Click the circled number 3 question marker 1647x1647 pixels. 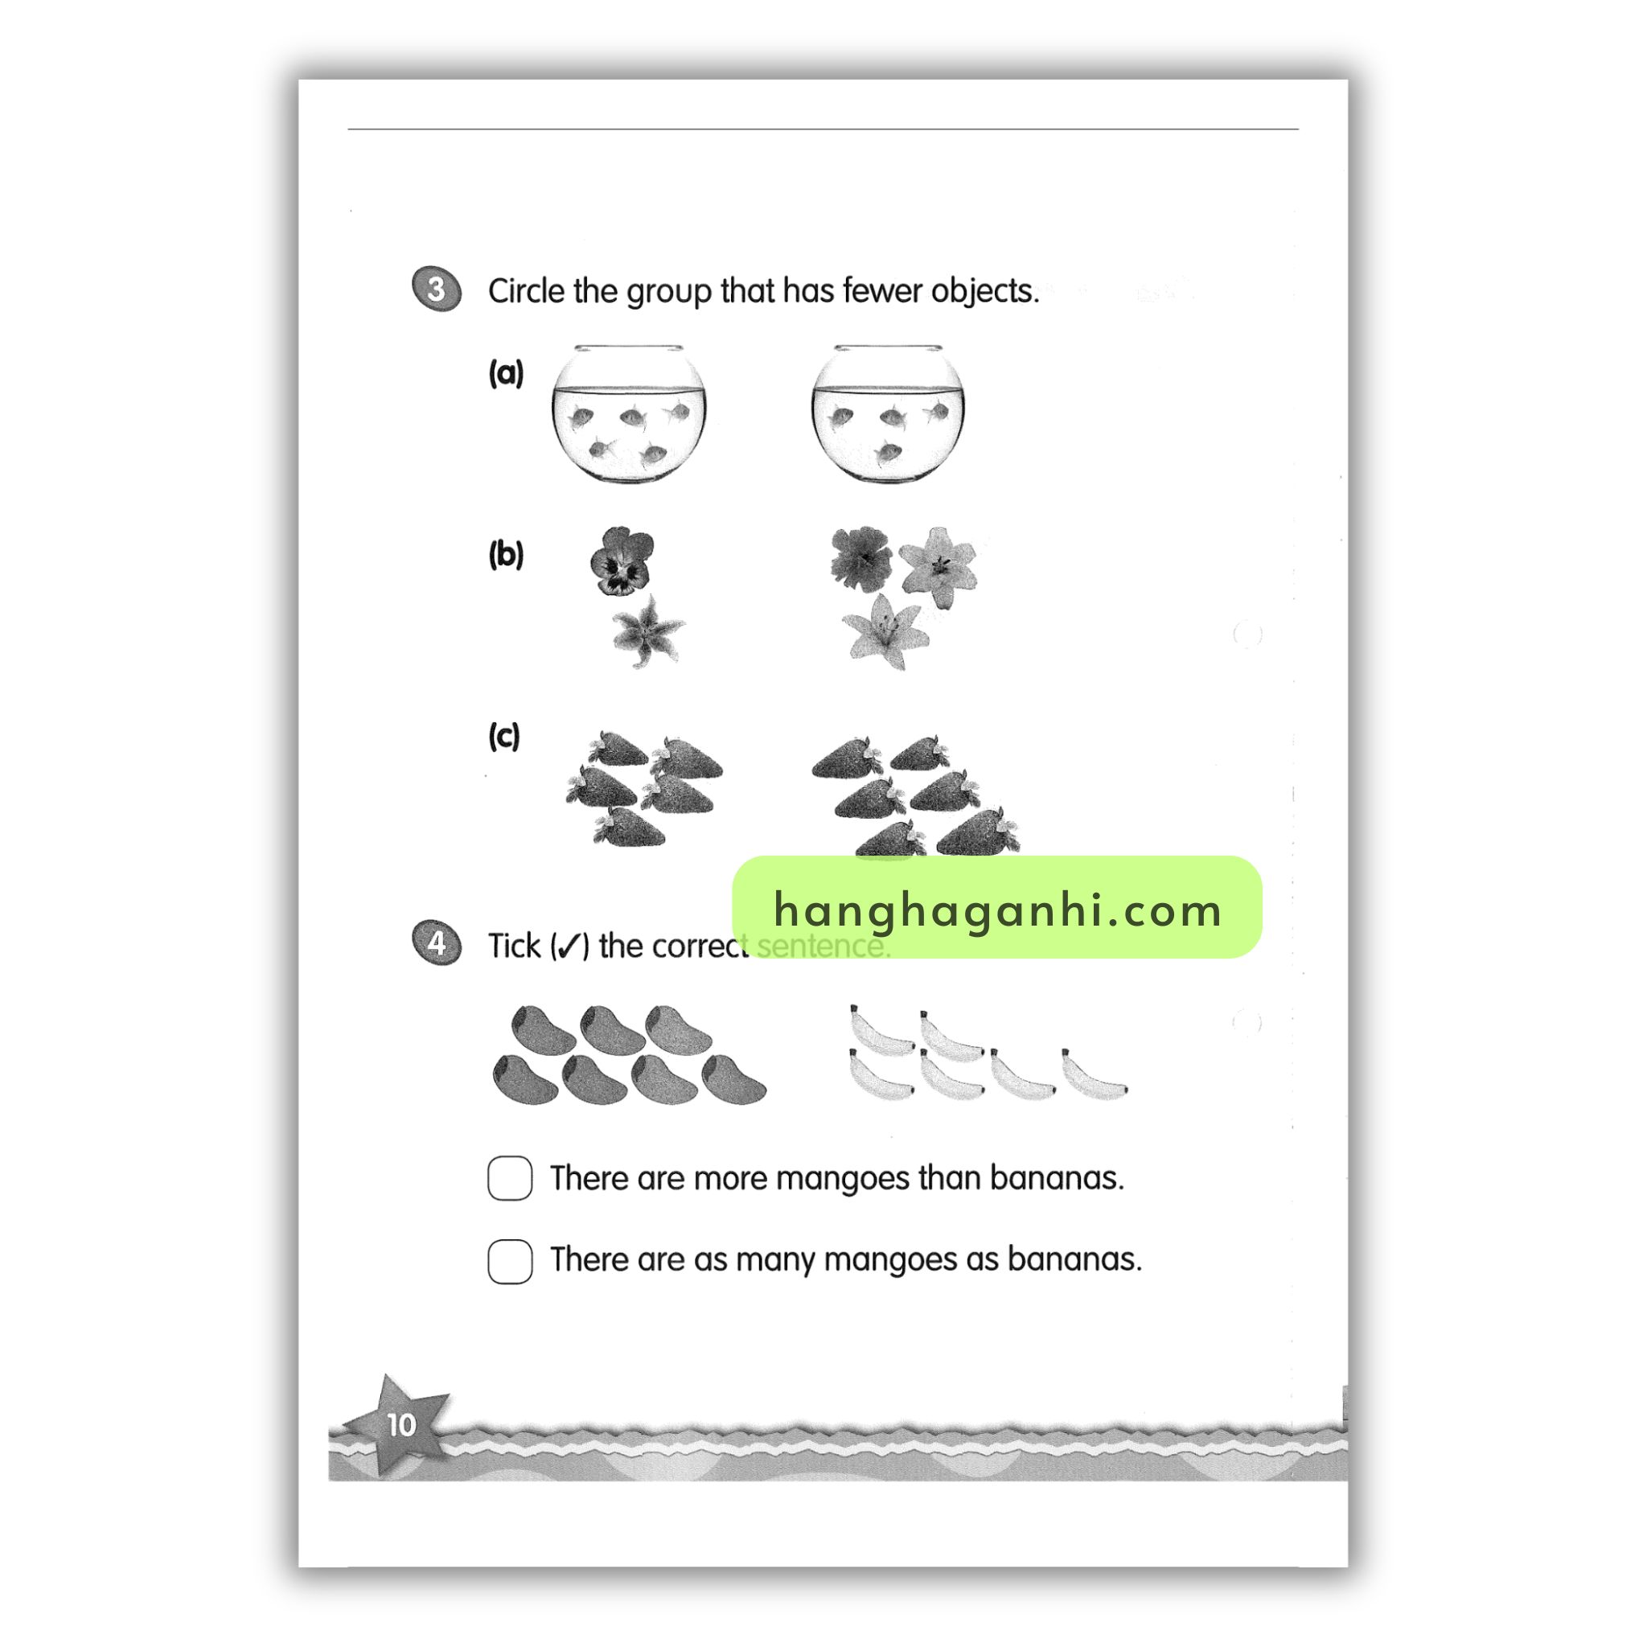tap(437, 289)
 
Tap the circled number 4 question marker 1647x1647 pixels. tap(437, 943)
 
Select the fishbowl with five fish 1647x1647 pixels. tap(628, 414)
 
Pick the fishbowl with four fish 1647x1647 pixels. tap(889, 414)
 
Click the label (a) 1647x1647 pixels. tap(506, 372)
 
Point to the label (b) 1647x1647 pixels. tap(506, 554)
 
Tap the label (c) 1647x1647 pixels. tap(503, 736)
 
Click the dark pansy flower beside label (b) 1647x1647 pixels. tap(622, 560)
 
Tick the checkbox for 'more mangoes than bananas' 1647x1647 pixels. tap(510, 1178)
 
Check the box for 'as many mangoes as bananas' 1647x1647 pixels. tap(510, 1261)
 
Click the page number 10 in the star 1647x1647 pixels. tap(400, 1424)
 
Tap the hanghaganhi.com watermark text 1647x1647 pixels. tap(997, 910)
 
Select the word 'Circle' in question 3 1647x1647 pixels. tap(526, 290)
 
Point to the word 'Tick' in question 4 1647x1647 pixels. tap(514, 946)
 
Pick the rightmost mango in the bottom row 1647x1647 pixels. tap(734, 1079)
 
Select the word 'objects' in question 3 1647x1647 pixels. tap(984, 290)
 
